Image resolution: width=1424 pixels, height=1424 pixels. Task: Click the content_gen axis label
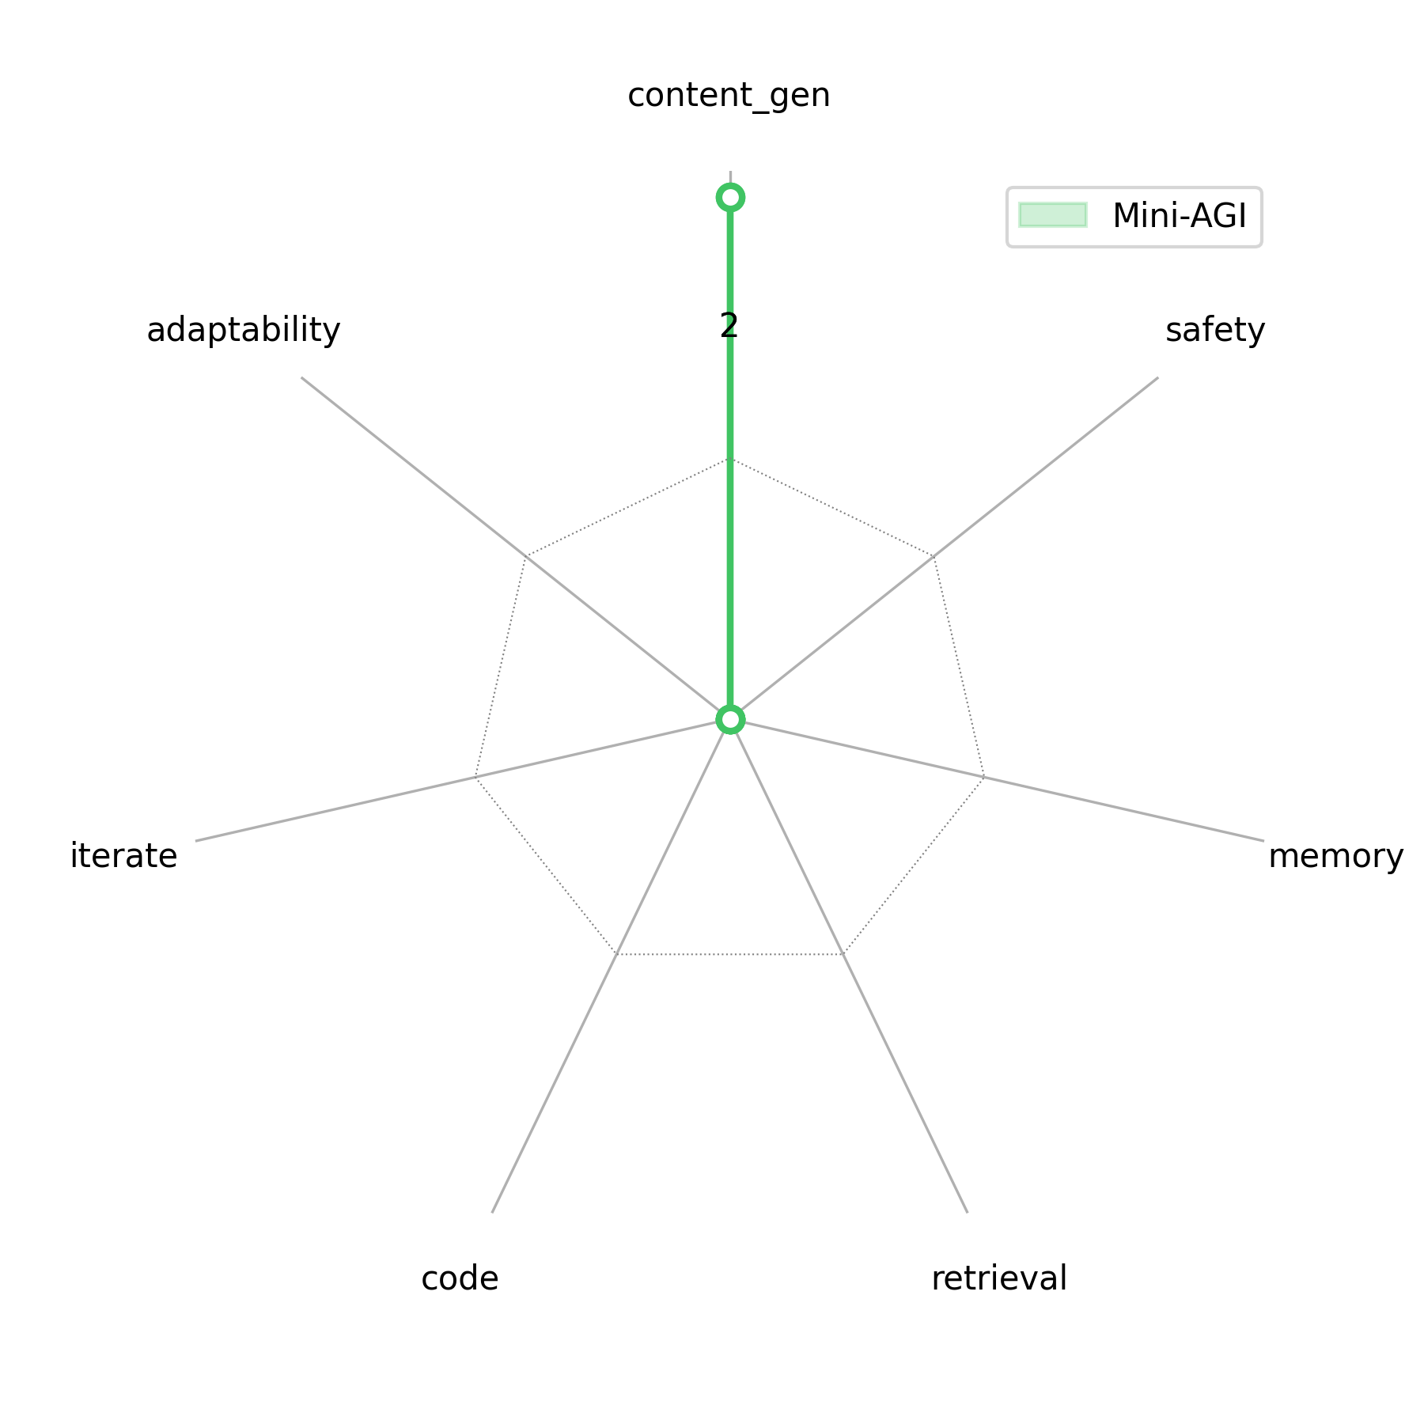(729, 96)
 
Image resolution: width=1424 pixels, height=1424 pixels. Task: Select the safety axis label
(1215, 330)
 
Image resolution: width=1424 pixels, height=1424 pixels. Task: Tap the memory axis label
(1335, 857)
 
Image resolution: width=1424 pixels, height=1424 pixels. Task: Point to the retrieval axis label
(998, 1278)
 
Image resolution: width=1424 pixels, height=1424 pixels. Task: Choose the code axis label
(460, 1278)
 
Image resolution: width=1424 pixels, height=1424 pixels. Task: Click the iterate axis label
(123, 857)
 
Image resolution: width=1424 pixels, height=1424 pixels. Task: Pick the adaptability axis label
(243, 330)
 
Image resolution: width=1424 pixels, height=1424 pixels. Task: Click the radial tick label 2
(729, 326)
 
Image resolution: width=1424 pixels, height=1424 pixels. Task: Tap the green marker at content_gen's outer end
(730, 197)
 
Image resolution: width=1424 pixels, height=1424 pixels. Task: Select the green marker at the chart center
(730, 720)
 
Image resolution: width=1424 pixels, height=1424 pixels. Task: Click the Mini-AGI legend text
(1179, 216)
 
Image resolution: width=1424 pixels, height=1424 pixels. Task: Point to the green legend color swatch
(1052, 215)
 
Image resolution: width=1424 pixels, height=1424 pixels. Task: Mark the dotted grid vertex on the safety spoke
(934, 557)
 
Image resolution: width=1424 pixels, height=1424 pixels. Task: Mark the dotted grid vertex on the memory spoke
(985, 778)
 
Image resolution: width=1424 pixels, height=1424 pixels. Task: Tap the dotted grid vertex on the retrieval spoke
(843, 955)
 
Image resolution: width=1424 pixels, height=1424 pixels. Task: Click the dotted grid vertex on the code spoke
(617, 955)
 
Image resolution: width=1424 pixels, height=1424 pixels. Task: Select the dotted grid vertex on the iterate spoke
(475, 778)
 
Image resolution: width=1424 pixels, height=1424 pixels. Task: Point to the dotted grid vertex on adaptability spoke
(526, 557)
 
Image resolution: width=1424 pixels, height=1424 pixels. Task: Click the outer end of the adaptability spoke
(301, 377)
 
